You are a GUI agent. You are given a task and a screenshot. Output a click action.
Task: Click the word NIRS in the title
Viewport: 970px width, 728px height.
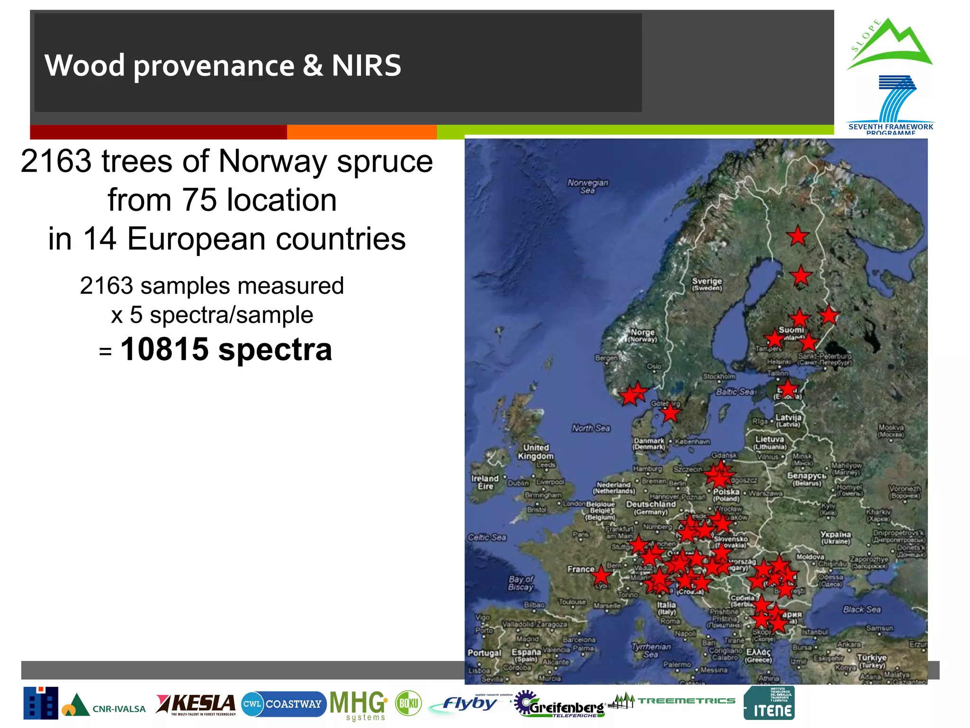pyautogui.click(x=366, y=65)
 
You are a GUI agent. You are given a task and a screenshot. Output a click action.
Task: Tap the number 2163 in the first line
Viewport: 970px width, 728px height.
pyautogui.click(x=56, y=162)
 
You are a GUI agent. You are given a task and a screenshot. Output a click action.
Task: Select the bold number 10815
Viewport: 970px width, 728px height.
pyautogui.click(x=164, y=349)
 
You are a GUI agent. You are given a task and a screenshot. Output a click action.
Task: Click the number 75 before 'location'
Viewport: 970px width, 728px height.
pyautogui.click(x=199, y=200)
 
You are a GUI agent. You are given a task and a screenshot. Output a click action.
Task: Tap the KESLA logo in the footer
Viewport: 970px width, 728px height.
pyautogui.click(x=196, y=704)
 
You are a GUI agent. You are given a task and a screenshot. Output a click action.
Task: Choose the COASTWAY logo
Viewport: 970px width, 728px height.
pyautogui.click(x=284, y=704)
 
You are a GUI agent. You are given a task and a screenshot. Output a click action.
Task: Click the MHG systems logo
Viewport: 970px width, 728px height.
pyautogui.click(x=359, y=705)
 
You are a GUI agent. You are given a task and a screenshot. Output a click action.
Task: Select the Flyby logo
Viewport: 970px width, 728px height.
pyautogui.click(x=468, y=704)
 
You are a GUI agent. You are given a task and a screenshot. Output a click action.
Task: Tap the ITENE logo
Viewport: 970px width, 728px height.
pyautogui.click(x=769, y=703)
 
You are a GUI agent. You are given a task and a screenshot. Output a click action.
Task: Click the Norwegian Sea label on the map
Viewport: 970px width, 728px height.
pyautogui.click(x=588, y=186)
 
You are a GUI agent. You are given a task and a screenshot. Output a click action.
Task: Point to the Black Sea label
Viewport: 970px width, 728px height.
pyautogui.click(x=862, y=610)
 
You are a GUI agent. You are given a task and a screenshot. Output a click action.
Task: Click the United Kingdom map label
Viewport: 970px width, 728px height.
pyautogui.click(x=536, y=452)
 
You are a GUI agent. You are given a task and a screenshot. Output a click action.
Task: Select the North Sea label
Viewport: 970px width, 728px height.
pyautogui.click(x=591, y=428)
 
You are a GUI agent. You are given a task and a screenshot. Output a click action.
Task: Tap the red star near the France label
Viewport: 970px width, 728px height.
pyautogui.click(x=601, y=575)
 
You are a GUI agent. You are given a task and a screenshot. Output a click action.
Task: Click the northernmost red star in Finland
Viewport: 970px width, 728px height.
pyautogui.click(x=798, y=236)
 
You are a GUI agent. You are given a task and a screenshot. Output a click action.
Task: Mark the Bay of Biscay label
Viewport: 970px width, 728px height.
pyautogui.click(x=521, y=583)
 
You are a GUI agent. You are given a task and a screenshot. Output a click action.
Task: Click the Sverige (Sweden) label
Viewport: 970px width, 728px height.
pyautogui.click(x=707, y=284)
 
